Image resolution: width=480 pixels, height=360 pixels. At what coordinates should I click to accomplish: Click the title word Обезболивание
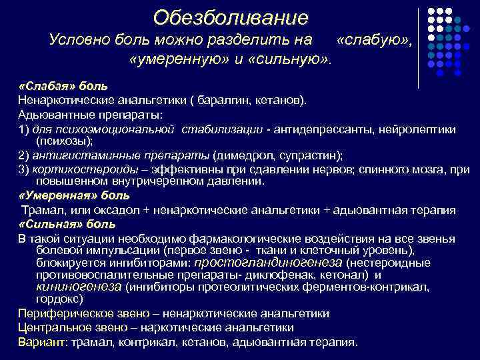point(231,17)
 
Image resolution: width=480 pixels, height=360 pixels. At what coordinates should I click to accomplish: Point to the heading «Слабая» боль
point(58,87)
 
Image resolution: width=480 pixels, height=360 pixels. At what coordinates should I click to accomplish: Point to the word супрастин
point(311,156)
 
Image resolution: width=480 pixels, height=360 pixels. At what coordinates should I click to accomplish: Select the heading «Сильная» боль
point(67,224)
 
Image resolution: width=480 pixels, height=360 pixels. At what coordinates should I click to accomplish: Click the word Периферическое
point(59,313)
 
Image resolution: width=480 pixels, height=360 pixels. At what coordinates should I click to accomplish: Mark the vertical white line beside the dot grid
point(418,48)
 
